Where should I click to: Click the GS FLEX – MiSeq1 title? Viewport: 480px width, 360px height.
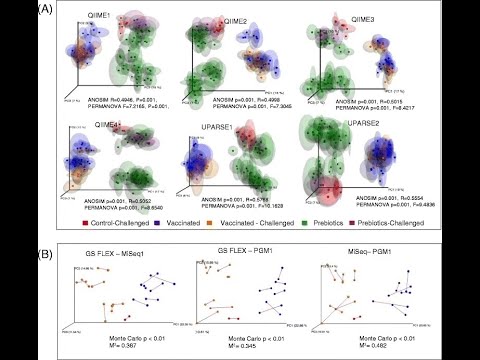pyautogui.click(x=110, y=259)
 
